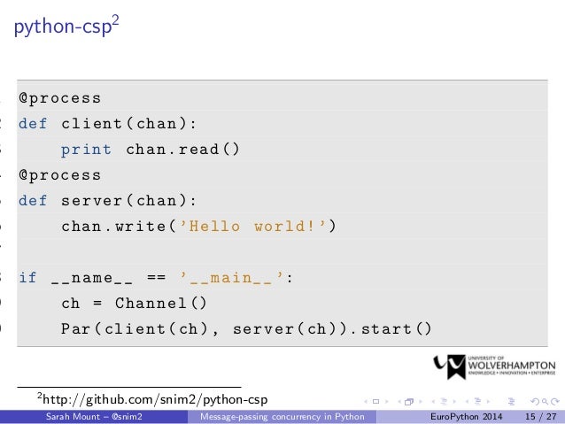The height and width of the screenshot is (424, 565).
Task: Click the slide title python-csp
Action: [x=62, y=27]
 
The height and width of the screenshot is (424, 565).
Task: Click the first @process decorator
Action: [x=60, y=98]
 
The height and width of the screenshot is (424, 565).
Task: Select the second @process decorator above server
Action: [x=60, y=175]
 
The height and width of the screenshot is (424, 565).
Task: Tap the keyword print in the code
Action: [x=87, y=150]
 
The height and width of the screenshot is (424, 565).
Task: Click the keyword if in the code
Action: [x=28, y=278]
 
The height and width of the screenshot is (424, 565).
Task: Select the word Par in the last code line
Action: [x=76, y=329]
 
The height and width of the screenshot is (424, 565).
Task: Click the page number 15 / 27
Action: [x=539, y=416]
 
